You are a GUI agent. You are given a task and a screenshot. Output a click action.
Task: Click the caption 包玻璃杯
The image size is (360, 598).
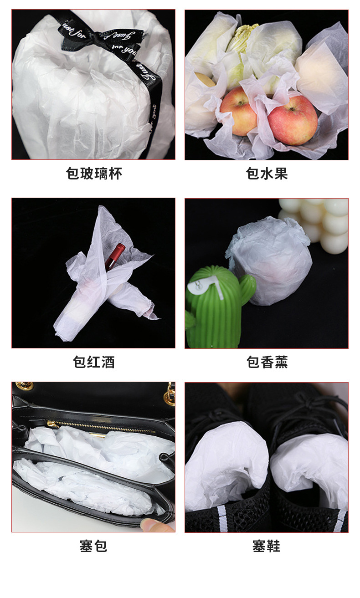tap(94, 174)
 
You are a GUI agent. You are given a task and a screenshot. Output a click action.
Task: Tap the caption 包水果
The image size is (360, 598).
tap(267, 174)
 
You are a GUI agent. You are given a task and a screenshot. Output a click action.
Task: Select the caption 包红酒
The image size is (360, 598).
tap(94, 362)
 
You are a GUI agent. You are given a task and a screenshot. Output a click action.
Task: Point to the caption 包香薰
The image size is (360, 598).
tap(267, 362)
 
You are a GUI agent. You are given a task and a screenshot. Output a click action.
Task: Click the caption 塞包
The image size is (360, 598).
tap(93, 546)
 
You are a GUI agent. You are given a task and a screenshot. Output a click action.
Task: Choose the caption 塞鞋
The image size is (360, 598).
tap(266, 546)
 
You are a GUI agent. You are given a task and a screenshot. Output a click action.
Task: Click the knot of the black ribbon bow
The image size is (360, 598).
tap(94, 35)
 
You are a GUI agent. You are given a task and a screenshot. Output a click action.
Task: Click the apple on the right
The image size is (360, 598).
tap(293, 120)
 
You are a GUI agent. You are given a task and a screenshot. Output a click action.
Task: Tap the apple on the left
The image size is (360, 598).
tap(238, 112)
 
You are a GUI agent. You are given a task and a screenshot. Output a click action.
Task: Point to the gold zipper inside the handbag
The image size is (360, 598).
tap(102, 427)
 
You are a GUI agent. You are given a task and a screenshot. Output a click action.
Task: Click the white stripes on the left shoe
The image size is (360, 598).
tap(222, 518)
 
